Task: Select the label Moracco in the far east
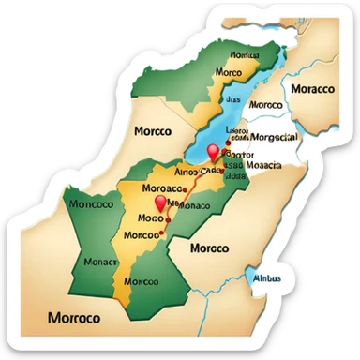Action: [x=313, y=89]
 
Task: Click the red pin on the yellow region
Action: [x=160, y=203]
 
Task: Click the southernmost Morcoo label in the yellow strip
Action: [x=140, y=280]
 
